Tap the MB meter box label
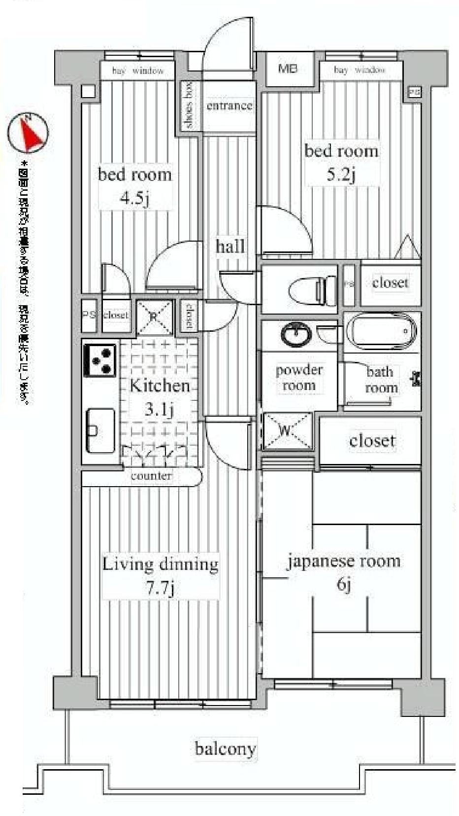click(x=288, y=69)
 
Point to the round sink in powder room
click(x=295, y=334)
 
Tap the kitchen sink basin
click(x=100, y=430)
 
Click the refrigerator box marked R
click(x=154, y=317)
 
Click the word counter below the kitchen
click(x=151, y=476)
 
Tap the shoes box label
click(x=190, y=106)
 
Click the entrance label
click(x=229, y=106)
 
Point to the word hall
click(x=230, y=246)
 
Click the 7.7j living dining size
click(x=161, y=588)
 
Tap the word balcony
click(x=226, y=749)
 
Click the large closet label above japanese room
click(x=372, y=440)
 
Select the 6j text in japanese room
click(x=344, y=585)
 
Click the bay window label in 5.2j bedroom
click(x=360, y=70)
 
